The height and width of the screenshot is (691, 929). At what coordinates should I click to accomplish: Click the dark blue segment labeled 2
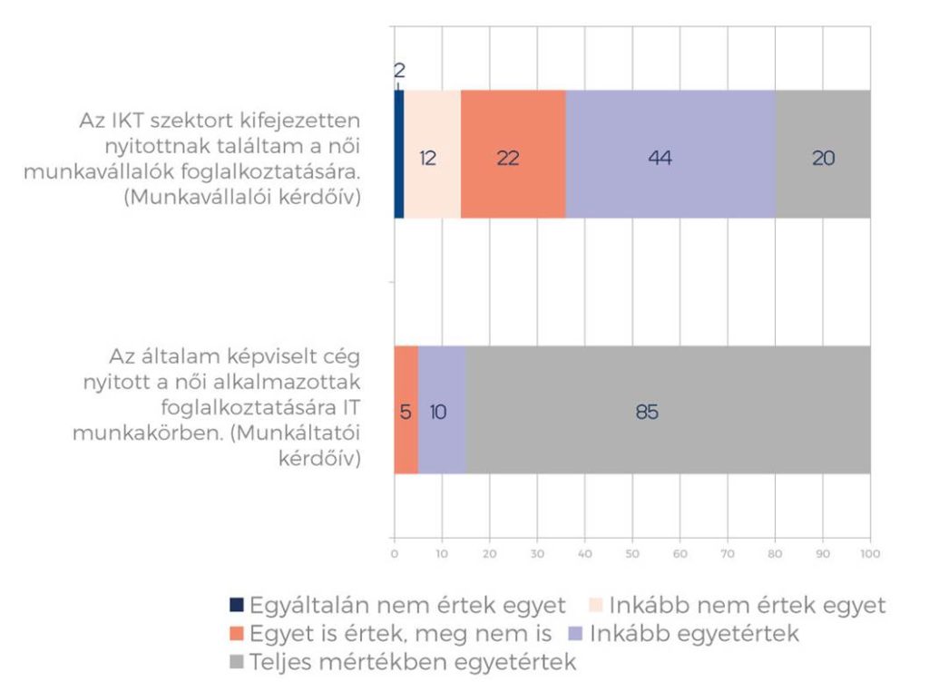(x=398, y=154)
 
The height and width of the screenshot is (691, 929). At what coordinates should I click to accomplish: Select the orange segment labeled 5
(x=406, y=410)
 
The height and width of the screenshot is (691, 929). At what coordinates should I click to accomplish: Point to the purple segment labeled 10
(x=442, y=410)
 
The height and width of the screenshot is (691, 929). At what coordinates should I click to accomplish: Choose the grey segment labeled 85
(x=669, y=410)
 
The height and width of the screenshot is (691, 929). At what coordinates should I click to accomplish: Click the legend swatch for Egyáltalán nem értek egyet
(x=237, y=605)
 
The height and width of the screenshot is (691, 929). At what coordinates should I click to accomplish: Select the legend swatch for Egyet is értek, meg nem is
(x=237, y=634)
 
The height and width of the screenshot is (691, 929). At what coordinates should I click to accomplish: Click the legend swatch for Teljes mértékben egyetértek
(x=237, y=663)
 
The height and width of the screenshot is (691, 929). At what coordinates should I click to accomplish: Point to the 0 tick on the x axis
(x=394, y=552)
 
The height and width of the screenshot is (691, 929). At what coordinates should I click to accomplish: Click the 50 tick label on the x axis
(x=632, y=552)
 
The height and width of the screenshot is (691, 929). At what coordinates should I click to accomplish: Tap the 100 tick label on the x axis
(x=870, y=552)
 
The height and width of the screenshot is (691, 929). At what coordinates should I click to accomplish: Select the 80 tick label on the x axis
(x=775, y=552)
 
